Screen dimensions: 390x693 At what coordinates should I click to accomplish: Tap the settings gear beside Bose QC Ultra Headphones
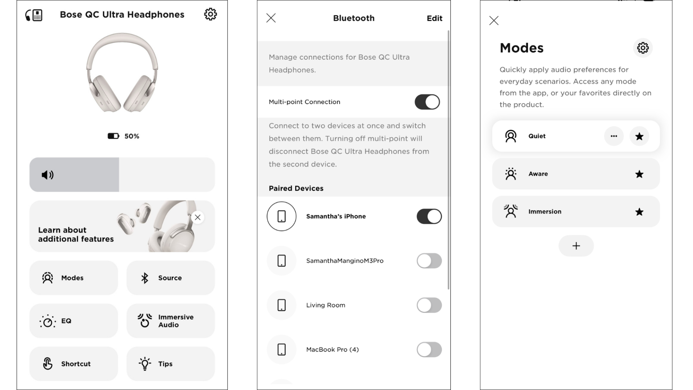tap(210, 14)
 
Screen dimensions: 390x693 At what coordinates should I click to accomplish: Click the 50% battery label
tap(131, 136)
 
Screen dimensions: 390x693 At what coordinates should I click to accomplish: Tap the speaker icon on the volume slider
tap(47, 175)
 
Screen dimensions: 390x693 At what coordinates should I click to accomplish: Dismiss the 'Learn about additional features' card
tap(198, 217)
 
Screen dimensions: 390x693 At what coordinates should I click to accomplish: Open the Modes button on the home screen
tap(73, 278)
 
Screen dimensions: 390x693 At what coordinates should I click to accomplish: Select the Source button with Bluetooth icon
tap(170, 278)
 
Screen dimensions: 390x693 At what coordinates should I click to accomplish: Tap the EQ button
tap(73, 321)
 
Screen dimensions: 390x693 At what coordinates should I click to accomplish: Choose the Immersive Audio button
tap(170, 321)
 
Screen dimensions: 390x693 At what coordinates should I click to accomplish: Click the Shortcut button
tap(73, 364)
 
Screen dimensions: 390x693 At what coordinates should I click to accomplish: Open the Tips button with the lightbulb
tap(170, 364)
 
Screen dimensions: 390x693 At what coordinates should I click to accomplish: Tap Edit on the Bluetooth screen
tap(434, 18)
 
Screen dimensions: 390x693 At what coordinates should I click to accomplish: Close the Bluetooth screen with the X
tap(271, 18)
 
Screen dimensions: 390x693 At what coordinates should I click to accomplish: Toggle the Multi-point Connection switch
tap(427, 102)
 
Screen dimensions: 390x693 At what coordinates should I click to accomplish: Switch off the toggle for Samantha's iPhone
tap(429, 216)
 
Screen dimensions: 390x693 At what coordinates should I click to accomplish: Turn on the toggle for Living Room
tap(429, 305)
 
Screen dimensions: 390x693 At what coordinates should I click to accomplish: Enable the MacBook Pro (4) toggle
tap(429, 349)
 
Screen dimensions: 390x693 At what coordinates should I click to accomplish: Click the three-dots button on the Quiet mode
tap(614, 136)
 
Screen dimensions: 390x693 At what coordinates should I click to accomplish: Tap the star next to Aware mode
tap(639, 174)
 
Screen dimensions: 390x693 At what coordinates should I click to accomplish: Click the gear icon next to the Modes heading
tap(643, 48)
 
